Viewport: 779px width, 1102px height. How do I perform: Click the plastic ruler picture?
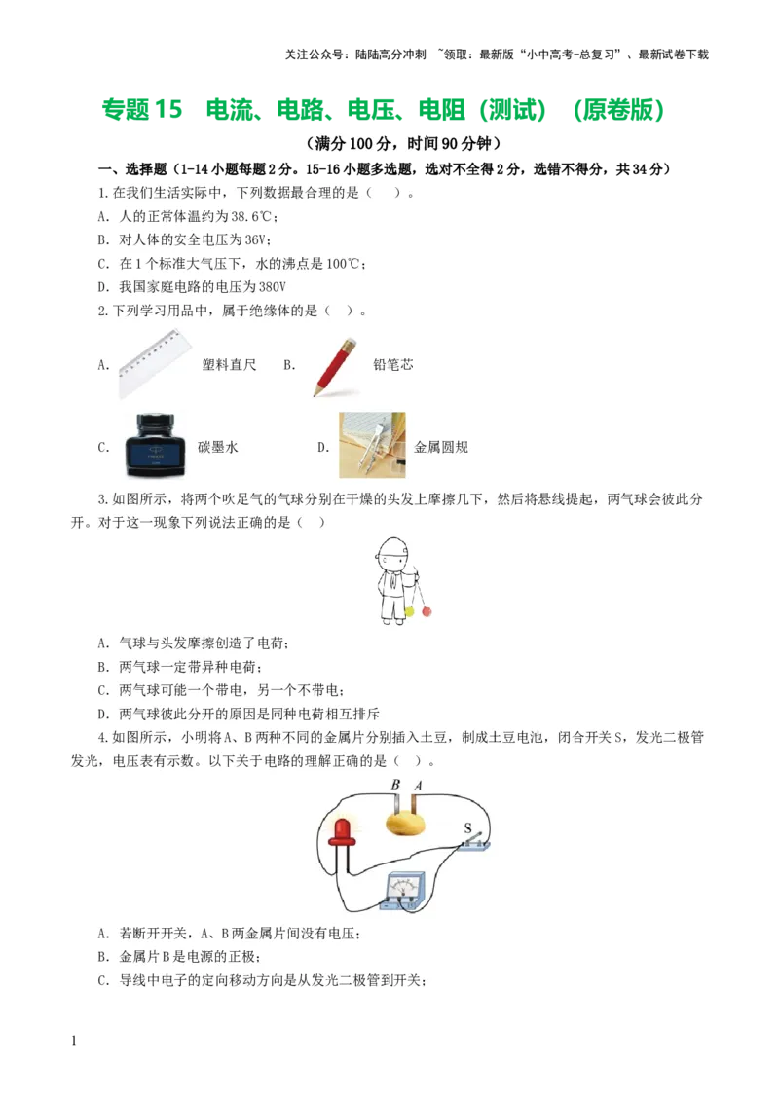(x=155, y=364)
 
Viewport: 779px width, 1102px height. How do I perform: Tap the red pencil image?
(x=334, y=366)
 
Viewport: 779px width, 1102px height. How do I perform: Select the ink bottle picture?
(x=155, y=445)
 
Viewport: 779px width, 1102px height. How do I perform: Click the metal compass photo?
(x=371, y=445)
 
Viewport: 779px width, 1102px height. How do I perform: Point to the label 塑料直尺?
(x=229, y=365)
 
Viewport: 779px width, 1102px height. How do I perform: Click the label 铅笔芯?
(x=392, y=365)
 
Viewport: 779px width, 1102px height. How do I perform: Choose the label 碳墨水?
(x=218, y=448)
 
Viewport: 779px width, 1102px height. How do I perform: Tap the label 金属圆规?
(x=441, y=448)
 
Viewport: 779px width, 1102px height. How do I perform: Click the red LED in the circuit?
(x=342, y=830)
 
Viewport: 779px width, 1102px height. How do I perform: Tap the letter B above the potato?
(x=395, y=786)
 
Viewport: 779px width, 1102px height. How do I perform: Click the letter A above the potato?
(x=418, y=786)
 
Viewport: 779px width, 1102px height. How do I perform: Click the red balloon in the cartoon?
(x=427, y=611)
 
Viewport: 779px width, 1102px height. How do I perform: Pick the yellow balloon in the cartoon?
(x=410, y=611)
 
